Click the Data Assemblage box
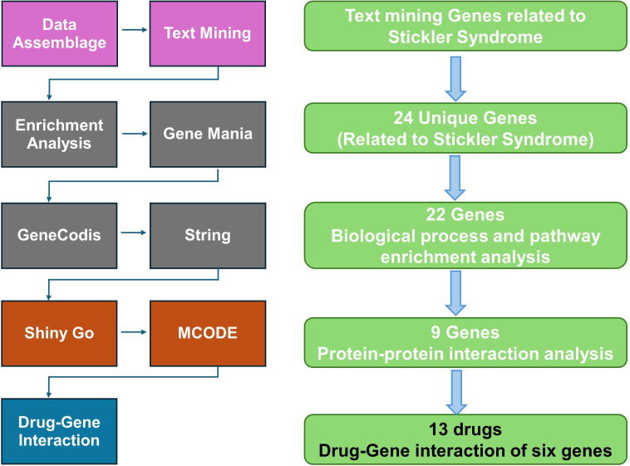coord(60,34)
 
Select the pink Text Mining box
coord(208,34)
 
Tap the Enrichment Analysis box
coord(60,135)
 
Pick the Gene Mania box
coord(208,135)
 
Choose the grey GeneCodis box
coord(60,235)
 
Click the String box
coord(208,235)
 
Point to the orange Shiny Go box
coord(60,333)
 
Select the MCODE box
coord(208,333)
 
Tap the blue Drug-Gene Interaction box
coord(60,431)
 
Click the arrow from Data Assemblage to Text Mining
coord(135,30)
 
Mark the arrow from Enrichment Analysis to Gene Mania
coord(135,134)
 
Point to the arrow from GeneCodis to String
coord(133,233)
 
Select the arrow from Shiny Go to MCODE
coord(133,332)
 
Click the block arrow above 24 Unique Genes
coord(455,79)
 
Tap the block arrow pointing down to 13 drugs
coord(456,392)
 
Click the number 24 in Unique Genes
coord(403,118)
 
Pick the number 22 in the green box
coord(436,215)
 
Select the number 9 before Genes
coord(436,332)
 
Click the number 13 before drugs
coord(438,429)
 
